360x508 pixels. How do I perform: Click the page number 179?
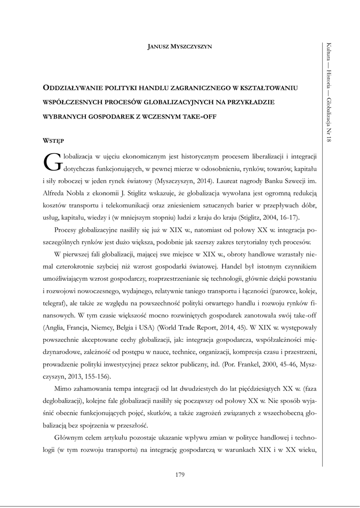coord(180,475)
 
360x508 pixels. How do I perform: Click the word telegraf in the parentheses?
coord(54,302)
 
